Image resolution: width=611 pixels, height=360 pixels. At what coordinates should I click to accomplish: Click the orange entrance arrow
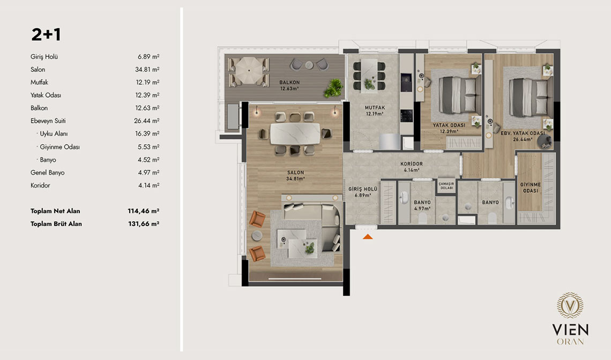368,236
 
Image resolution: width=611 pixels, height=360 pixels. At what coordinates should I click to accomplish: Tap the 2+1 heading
46,34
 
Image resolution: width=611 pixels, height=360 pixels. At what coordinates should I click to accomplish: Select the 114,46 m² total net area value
144,211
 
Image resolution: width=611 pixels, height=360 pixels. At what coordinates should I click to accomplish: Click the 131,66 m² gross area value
144,223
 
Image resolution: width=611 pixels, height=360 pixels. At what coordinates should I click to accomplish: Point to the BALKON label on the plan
289,82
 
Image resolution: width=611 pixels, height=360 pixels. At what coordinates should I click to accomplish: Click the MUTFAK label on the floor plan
375,108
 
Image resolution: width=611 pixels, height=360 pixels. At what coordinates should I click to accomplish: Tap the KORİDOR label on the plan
412,164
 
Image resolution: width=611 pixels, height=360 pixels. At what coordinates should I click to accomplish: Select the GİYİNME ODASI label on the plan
531,188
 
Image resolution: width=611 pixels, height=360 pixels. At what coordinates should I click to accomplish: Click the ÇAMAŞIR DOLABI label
446,186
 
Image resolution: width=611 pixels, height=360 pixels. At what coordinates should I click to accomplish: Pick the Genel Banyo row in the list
48,172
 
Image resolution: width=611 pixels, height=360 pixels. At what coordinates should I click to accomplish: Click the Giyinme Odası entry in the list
59,147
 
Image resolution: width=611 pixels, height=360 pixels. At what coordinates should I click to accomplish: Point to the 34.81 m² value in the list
147,69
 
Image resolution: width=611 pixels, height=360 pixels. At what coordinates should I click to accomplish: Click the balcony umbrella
249,71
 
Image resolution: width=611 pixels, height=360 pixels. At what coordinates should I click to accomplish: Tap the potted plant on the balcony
333,88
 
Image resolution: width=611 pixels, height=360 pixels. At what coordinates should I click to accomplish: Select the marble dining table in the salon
295,133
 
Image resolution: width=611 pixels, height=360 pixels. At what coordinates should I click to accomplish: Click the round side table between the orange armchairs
257,236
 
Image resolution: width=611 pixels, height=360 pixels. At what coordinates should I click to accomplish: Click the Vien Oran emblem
570,305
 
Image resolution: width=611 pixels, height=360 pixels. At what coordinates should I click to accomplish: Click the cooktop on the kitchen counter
406,116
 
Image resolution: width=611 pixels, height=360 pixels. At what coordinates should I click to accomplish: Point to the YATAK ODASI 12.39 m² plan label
449,128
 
